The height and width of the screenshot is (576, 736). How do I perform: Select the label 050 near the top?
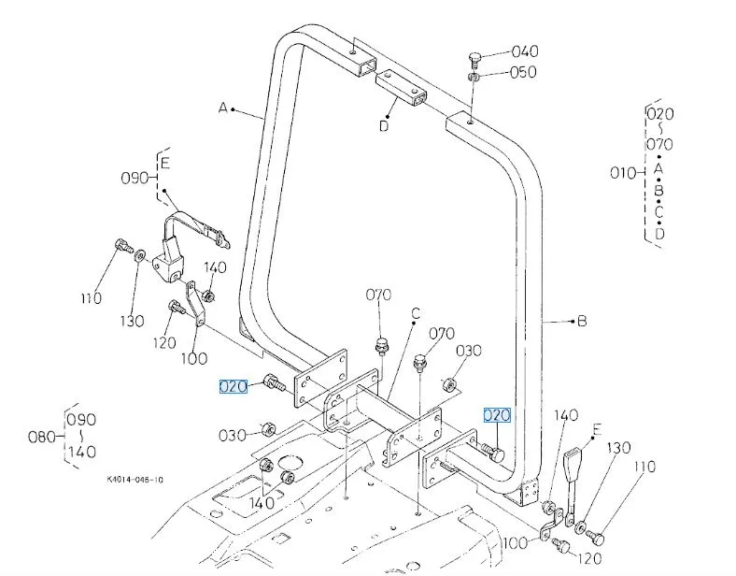522,72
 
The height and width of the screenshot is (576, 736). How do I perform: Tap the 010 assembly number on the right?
622,172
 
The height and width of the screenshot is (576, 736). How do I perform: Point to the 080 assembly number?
45,436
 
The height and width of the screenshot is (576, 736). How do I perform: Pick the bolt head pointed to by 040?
474,62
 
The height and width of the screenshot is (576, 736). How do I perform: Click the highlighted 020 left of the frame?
234,385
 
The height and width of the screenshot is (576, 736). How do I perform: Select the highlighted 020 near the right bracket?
497,415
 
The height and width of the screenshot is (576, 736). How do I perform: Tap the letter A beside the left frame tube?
223,108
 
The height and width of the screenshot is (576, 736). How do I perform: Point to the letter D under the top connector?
384,127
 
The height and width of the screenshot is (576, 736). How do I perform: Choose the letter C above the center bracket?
416,311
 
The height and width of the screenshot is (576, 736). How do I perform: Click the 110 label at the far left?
91,298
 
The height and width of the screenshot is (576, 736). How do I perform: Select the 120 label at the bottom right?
589,559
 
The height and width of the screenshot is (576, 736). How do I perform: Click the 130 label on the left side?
133,322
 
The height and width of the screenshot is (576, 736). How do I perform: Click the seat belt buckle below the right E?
575,467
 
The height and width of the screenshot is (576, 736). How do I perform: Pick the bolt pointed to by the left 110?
120,248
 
